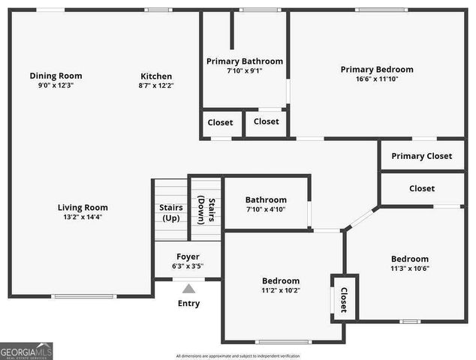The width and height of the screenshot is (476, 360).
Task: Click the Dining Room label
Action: (x=56, y=76)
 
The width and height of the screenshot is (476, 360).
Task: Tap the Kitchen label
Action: (x=156, y=76)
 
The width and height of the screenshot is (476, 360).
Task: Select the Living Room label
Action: (x=83, y=208)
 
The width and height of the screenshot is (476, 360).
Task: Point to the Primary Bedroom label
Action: (x=377, y=70)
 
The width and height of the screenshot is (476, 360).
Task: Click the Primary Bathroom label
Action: (x=245, y=61)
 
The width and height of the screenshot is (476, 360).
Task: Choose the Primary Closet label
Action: (x=422, y=156)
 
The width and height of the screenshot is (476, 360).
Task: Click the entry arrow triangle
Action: (x=188, y=288)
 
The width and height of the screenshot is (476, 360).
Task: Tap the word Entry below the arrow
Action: (x=188, y=304)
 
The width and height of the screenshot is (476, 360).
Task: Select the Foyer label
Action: (x=188, y=256)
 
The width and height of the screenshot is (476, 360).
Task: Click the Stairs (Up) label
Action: (x=171, y=212)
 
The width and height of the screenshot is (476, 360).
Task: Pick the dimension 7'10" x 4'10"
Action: (x=266, y=209)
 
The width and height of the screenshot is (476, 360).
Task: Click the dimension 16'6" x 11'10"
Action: (x=377, y=79)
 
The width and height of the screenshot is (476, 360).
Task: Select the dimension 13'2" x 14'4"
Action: (x=83, y=217)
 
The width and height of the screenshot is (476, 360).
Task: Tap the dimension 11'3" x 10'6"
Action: (x=409, y=268)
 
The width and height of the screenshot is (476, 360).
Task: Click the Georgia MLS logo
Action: (x=26, y=351)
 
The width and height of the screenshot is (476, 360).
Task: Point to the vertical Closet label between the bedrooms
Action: (x=344, y=298)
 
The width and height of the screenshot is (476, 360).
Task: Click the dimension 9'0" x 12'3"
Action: (x=56, y=85)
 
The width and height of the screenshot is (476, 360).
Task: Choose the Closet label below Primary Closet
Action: (x=422, y=189)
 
